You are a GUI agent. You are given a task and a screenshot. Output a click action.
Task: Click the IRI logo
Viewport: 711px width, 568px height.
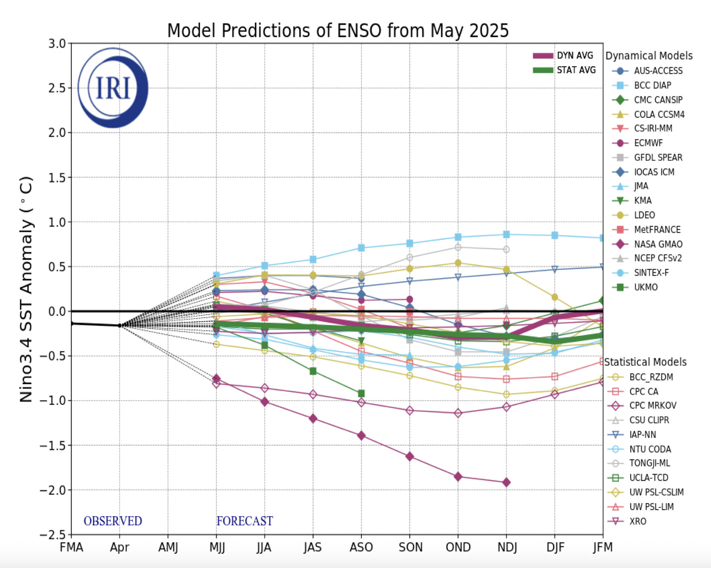[113, 88]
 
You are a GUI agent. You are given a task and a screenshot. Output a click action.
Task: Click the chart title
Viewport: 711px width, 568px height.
[338, 30]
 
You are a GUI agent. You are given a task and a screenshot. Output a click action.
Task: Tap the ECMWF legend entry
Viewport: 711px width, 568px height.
[648, 143]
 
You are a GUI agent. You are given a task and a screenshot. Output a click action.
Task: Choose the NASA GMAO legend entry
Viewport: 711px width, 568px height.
[658, 244]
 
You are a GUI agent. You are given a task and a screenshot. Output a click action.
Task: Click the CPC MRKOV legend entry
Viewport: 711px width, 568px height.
[652, 406]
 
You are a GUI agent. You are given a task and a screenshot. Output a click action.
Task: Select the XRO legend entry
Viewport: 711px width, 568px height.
[637, 521]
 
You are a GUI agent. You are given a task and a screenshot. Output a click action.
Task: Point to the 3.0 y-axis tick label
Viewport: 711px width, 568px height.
[57, 44]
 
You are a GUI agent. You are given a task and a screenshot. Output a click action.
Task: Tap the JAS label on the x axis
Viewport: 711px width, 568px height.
[313, 547]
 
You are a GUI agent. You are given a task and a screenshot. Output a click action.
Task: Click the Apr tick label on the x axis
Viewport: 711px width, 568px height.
[120, 547]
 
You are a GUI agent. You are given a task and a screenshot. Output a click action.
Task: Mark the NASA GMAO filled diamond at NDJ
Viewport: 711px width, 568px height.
[506, 482]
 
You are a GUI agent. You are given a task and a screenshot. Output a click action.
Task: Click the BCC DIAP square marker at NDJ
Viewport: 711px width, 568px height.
[506, 235]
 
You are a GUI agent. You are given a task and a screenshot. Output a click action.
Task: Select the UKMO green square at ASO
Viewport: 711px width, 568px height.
[361, 393]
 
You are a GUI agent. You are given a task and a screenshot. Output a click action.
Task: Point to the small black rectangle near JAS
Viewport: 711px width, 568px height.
[319, 385]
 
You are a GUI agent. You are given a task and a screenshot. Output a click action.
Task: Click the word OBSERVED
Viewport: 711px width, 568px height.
[113, 521]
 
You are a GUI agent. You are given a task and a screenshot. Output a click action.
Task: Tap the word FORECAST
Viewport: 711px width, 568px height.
[245, 521]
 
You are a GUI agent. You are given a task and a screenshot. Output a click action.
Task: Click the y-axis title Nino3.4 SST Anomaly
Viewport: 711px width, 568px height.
[26, 289]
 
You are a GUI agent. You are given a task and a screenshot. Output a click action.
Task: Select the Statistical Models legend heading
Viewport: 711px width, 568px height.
[645, 362]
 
